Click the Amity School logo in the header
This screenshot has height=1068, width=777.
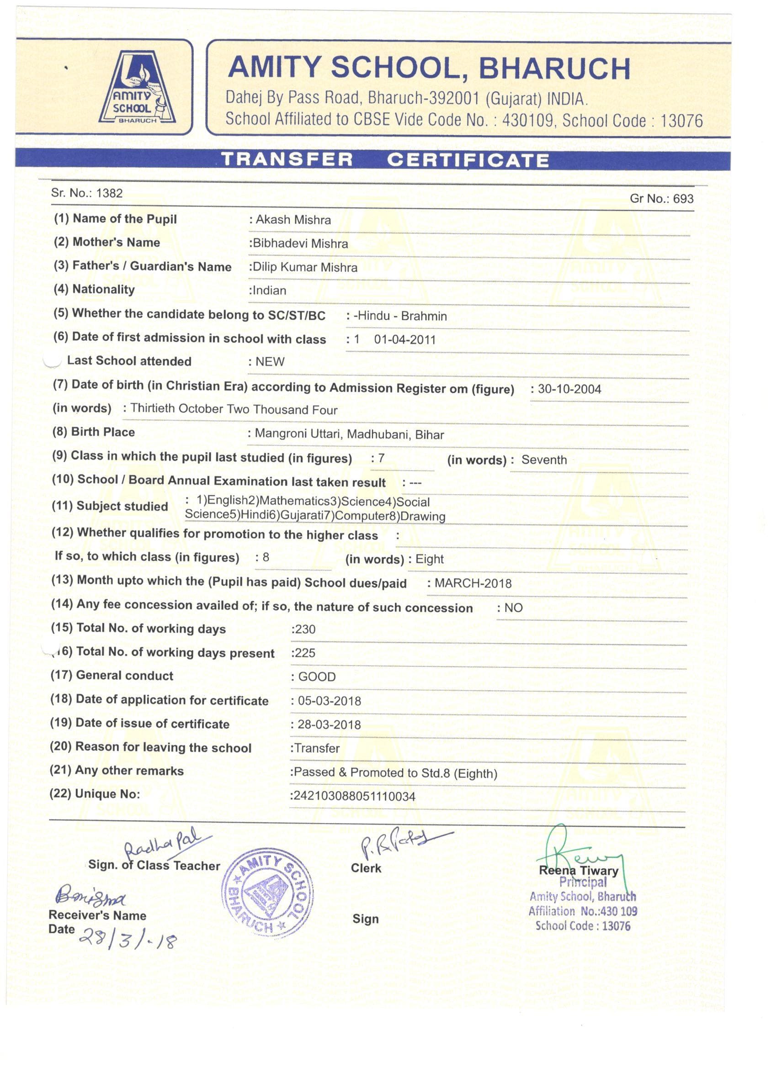[137, 89]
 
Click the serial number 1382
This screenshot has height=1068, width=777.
[109, 193]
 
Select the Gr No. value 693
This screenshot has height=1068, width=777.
[683, 199]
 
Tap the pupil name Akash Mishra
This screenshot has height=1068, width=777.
[293, 220]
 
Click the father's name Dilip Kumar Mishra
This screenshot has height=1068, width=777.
[305, 268]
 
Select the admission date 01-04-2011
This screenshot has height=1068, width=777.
[405, 339]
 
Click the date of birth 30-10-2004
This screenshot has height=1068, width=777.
[569, 389]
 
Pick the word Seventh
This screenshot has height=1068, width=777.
[544, 460]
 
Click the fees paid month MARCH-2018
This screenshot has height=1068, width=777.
[473, 583]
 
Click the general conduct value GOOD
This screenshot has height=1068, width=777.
[317, 677]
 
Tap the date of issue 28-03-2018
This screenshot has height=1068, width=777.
[329, 724]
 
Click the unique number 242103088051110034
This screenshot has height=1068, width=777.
[354, 796]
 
